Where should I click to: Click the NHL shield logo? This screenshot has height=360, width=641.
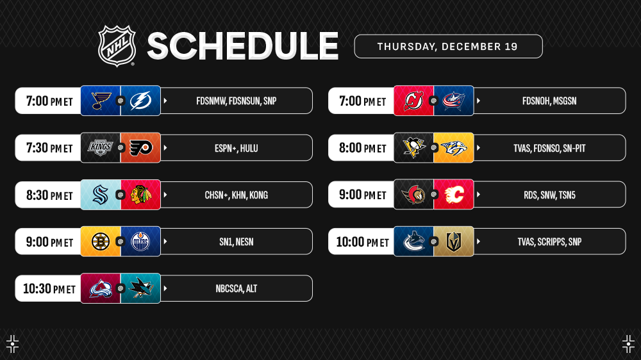(117, 45)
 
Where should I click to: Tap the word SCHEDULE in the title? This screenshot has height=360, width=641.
(243, 46)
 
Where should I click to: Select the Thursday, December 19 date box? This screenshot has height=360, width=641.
(449, 46)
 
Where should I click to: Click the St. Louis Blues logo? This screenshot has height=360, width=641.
(101, 101)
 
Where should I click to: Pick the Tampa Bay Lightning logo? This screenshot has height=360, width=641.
(140, 101)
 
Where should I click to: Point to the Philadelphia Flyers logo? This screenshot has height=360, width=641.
(140, 148)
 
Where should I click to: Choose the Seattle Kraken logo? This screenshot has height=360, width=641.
(101, 195)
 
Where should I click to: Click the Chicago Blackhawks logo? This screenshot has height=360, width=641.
(140, 195)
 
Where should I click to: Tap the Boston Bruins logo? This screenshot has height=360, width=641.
(101, 241)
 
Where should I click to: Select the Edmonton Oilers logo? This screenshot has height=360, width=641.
(140, 241)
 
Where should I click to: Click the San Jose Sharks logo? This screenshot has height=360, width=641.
(140, 288)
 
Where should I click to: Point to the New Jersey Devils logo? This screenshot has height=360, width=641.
(413, 101)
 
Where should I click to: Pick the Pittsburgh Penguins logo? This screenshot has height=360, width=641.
(413, 147)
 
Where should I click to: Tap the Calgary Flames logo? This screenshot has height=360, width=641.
(454, 195)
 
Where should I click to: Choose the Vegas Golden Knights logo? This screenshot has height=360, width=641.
(454, 241)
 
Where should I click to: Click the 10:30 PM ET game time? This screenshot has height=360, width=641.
(49, 289)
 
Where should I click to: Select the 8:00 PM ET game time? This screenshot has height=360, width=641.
(362, 148)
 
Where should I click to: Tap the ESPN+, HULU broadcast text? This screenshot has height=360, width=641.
(237, 149)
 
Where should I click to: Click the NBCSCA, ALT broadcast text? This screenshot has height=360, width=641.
(237, 289)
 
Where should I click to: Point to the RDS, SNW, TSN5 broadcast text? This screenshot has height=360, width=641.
(549, 195)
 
